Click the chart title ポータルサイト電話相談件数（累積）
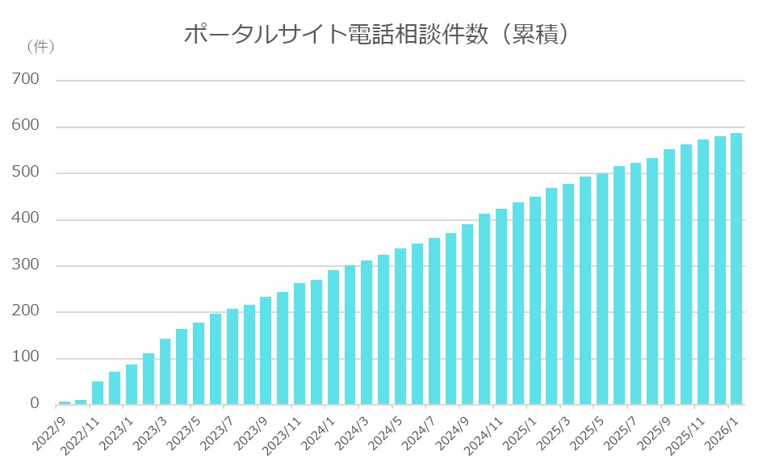tap(379, 35)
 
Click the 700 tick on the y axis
tap(26, 80)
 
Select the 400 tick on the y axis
tap(26, 219)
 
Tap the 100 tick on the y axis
tap(26, 358)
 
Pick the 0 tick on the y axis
tap(35, 404)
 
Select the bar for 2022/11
tap(81, 402)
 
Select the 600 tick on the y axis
tap(26, 127)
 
